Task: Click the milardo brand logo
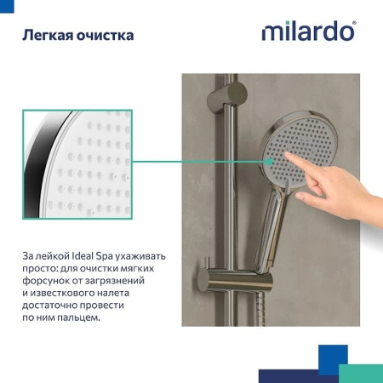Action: pyautogui.click(x=308, y=32)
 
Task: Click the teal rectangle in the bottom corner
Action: pyautogui.click(x=360, y=373)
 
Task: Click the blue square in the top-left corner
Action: pyautogui.click(x=7, y=6)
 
